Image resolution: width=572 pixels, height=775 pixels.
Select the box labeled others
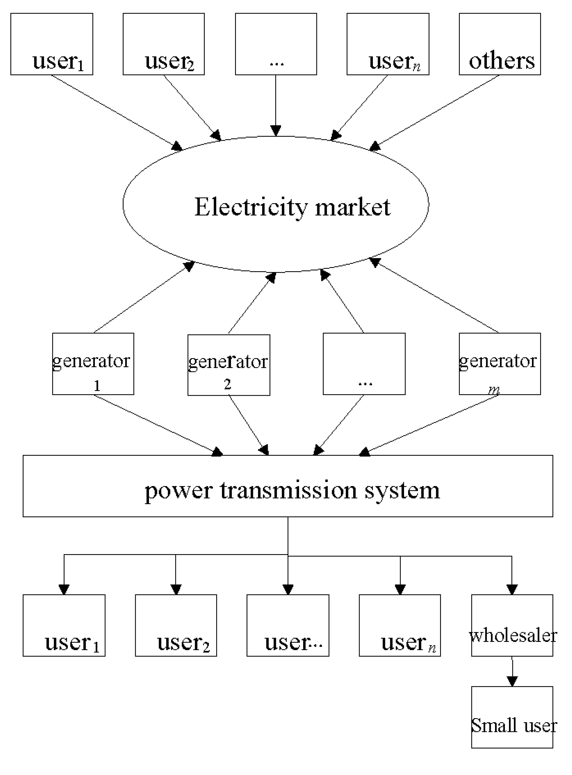[500, 44]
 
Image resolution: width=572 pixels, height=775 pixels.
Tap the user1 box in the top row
[52, 44]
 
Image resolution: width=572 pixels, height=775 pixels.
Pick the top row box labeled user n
[388, 44]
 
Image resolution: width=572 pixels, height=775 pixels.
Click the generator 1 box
[93, 363]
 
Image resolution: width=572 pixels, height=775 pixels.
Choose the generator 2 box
[229, 365]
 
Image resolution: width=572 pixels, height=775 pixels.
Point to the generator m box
[500, 363]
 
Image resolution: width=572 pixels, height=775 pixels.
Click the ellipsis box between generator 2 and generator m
[364, 363]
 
